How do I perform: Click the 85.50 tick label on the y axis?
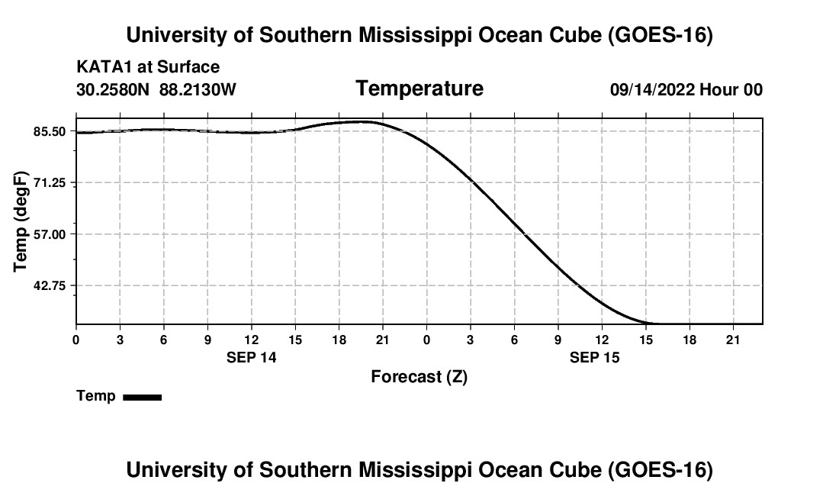point(50,131)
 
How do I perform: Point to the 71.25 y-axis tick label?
point(50,183)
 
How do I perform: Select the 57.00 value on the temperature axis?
point(50,234)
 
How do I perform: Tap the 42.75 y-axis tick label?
point(50,285)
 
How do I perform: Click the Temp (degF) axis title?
point(21,221)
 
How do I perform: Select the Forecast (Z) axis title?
point(419,377)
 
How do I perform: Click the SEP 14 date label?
point(252,357)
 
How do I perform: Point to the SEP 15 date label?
point(594,357)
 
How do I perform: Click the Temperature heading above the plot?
point(419,89)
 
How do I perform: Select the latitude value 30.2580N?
point(113,89)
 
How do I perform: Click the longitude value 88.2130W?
point(198,89)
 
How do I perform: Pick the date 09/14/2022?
point(652,89)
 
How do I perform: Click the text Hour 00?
point(731,89)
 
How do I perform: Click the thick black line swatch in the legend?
point(143,397)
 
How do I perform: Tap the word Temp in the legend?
point(96,396)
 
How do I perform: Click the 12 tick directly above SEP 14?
point(252,340)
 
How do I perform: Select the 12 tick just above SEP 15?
point(602,340)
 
